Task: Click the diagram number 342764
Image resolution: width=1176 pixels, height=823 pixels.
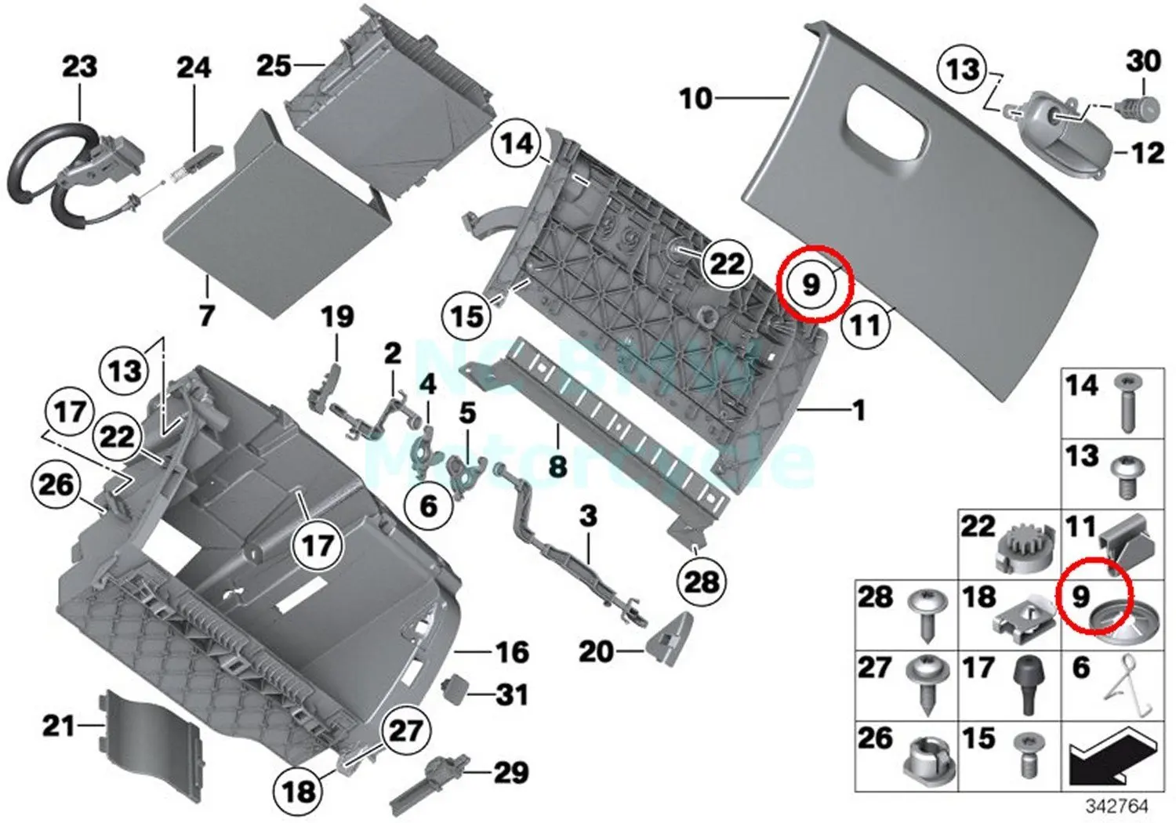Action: [x=1116, y=806]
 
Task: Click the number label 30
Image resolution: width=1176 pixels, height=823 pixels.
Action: [x=1142, y=60]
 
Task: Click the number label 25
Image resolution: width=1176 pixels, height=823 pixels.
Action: [x=274, y=66]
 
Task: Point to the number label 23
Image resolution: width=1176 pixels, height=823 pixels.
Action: [x=79, y=67]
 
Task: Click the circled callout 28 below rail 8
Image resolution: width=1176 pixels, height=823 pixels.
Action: [x=701, y=581]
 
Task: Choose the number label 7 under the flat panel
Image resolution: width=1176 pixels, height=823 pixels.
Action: [x=206, y=315]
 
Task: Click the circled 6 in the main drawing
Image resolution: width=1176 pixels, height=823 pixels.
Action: [x=429, y=506]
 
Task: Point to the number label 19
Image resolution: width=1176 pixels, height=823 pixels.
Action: [x=337, y=317]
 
